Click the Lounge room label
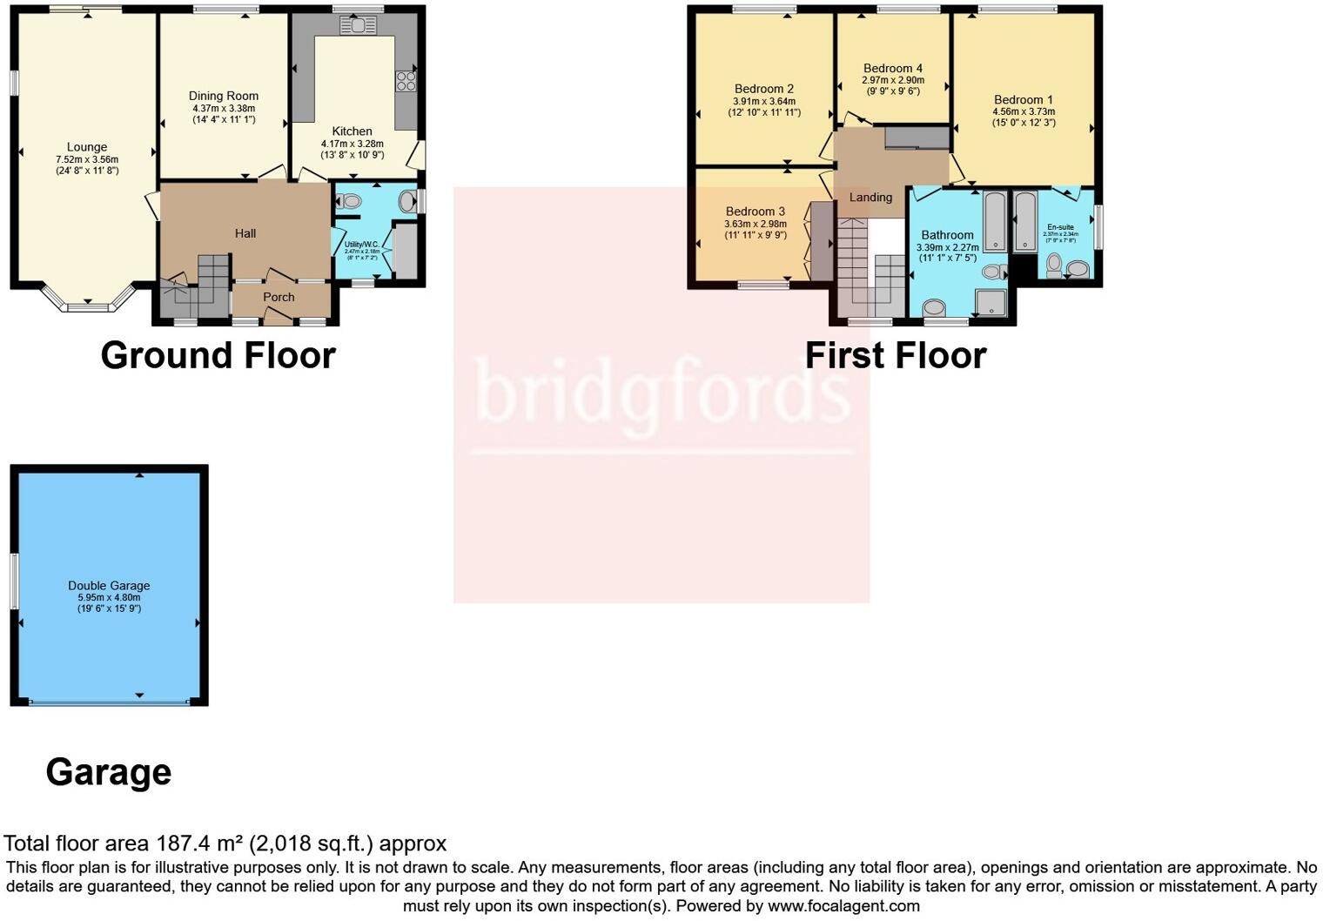point(87,147)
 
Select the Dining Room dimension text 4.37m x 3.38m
point(224,108)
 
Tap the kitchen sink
point(358,26)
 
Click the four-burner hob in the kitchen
point(406,81)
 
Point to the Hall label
point(245,233)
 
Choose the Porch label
point(279,297)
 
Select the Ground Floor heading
point(218,355)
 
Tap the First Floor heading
point(895,355)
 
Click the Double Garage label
point(109,586)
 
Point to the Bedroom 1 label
point(1023,99)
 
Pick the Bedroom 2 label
point(763,89)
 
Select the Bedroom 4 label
point(892,68)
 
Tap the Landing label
point(870,198)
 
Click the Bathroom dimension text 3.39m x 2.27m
point(947,247)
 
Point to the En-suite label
point(1060,227)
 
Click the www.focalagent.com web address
point(843,905)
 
